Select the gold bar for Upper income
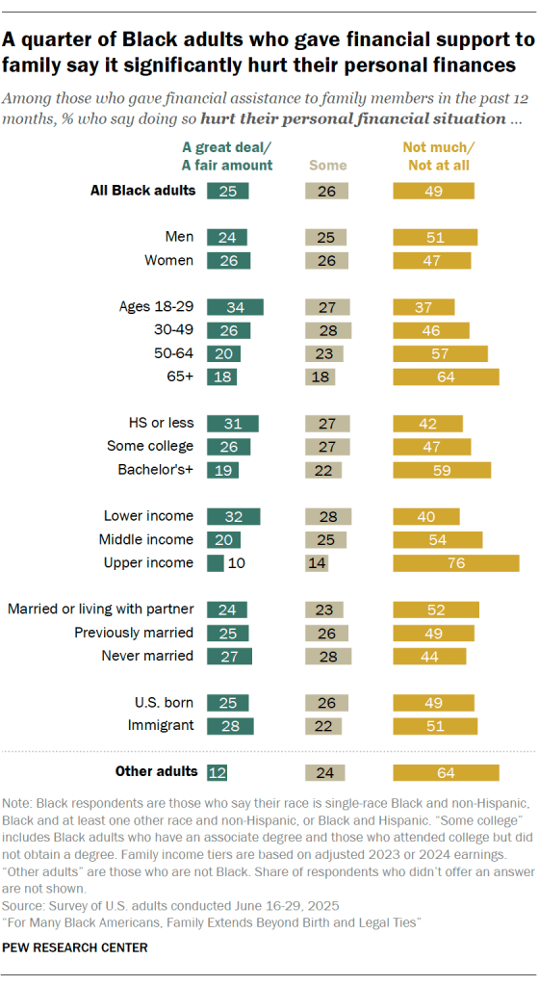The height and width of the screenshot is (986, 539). [455, 563]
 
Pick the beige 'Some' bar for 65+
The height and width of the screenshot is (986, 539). [320, 377]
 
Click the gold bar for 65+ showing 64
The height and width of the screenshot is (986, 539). [446, 377]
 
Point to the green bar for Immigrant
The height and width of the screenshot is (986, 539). [229, 725]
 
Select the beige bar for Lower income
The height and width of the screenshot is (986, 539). [328, 516]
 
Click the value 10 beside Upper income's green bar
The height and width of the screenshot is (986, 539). [235, 563]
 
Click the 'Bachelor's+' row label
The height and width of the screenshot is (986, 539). [152, 470]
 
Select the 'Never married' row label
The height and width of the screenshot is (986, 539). [147, 656]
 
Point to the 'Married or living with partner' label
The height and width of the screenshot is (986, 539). [101, 610]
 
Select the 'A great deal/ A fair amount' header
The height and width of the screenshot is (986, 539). [228, 156]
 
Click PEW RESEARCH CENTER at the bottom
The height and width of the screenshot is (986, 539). [76, 947]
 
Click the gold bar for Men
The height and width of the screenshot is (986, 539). [435, 237]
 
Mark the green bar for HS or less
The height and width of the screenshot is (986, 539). [232, 424]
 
